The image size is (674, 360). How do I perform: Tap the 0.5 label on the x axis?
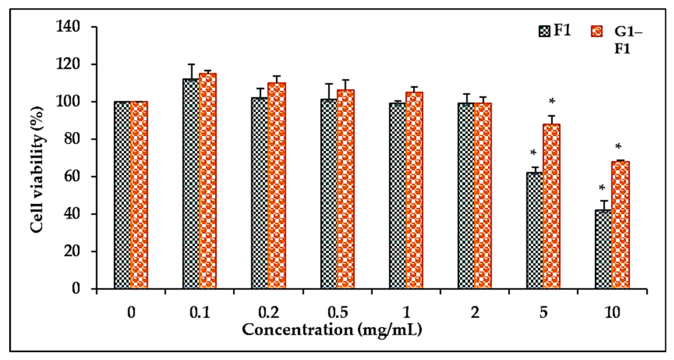338,313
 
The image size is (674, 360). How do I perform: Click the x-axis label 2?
475,313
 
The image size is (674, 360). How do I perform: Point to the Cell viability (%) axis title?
37,169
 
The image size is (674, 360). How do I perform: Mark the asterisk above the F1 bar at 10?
602,188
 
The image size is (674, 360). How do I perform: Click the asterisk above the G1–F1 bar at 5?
552,102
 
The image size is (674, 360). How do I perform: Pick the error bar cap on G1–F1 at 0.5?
346,80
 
